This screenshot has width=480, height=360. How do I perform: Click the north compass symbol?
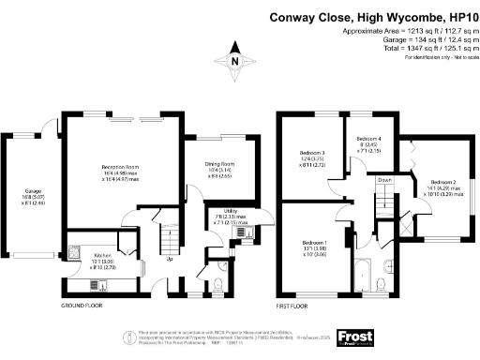point(238,62)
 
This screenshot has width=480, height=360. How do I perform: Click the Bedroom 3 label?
point(312,153)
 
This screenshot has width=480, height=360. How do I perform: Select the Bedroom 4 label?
point(369,138)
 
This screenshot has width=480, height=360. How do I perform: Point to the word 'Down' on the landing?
point(384,180)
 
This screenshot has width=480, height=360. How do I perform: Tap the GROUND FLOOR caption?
point(82,306)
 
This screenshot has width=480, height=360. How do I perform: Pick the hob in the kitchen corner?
point(74,254)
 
